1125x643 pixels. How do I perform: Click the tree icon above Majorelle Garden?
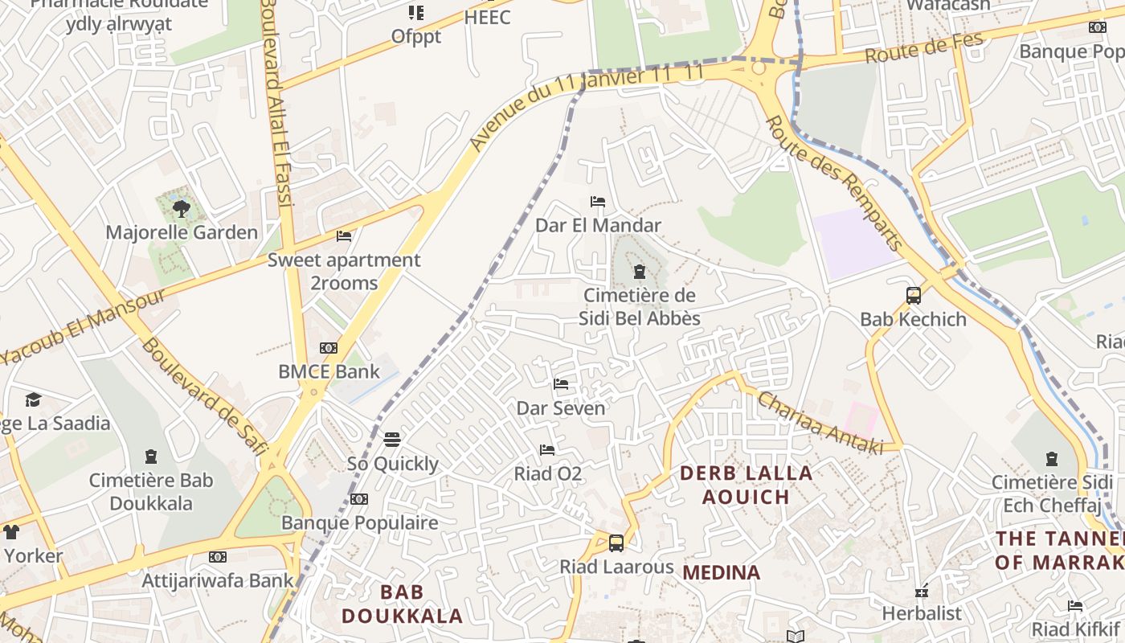coord(181,209)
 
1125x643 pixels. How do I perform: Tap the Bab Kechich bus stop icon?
coord(913,296)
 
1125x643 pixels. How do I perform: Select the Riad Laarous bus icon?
coord(616,543)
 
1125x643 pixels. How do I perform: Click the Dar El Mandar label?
coord(598,226)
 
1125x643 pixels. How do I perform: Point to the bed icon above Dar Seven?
coord(561,384)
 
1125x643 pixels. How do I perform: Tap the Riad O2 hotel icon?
coord(547,450)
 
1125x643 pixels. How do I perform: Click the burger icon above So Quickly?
coord(392,440)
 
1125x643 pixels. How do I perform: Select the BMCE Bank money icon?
coord(329,348)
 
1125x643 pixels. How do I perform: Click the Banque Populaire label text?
coord(359,523)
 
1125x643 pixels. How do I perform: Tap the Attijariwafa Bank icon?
coord(217,557)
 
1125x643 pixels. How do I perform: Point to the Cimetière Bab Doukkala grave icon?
coord(150,457)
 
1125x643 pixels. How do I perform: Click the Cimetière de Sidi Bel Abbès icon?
coord(640,272)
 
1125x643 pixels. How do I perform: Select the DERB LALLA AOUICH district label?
coord(747,485)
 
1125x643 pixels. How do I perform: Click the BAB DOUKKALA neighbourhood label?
coord(402,604)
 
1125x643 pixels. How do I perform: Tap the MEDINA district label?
coord(722,572)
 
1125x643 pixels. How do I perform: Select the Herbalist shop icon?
coord(922,592)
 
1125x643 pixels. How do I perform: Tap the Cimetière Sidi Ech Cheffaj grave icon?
coord(1052,459)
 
